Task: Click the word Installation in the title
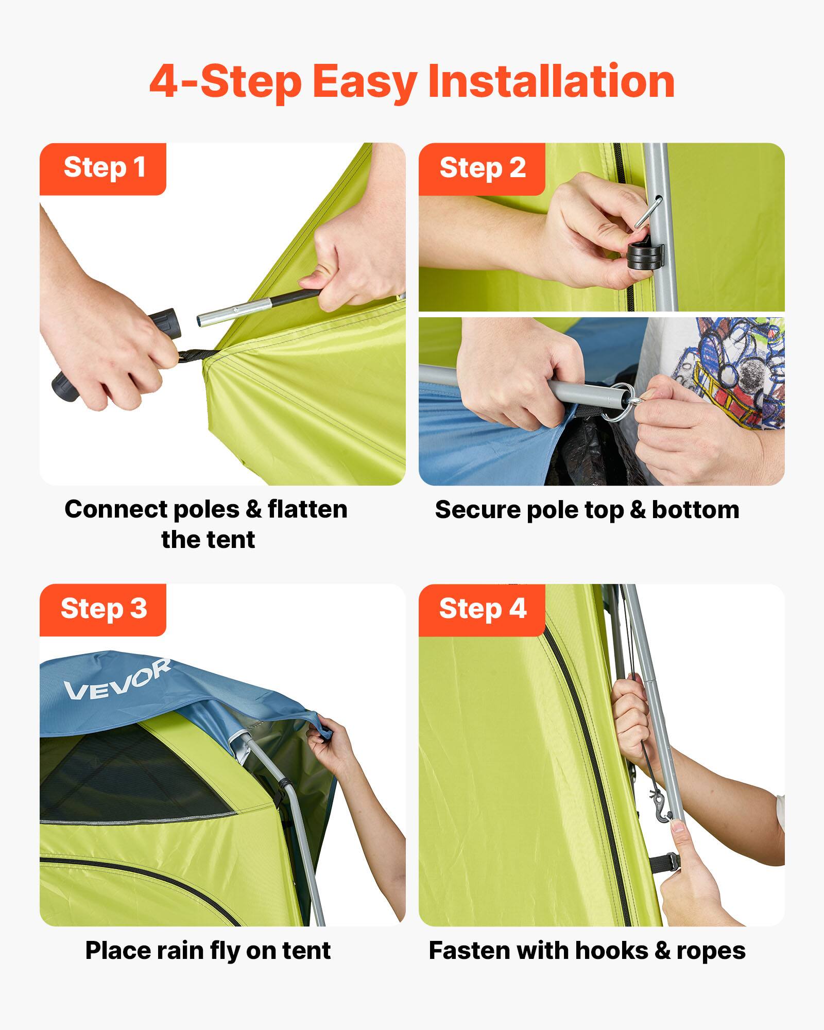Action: click(x=551, y=82)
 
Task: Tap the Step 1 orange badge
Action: click(x=103, y=168)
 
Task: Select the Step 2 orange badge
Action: click(x=482, y=168)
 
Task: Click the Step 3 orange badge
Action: click(x=103, y=609)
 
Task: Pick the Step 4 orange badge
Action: click(x=482, y=609)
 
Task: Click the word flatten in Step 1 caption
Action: click(x=307, y=510)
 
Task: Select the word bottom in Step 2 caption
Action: click(x=695, y=510)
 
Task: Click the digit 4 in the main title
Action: click(x=164, y=82)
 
